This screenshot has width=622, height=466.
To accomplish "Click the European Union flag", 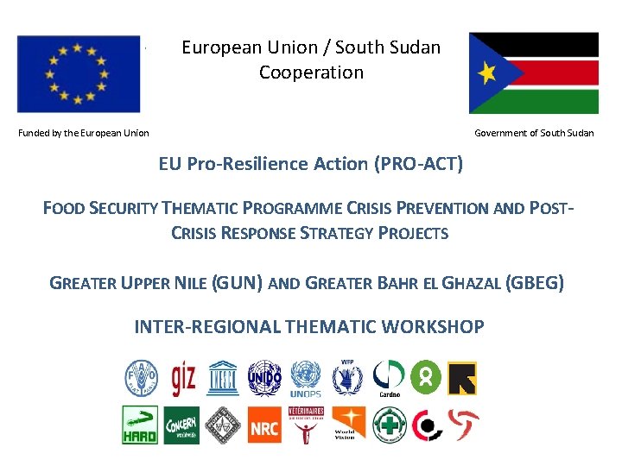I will pyautogui.click(x=78, y=74).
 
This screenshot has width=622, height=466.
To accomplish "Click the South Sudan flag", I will pyautogui.click(x=533, y=73).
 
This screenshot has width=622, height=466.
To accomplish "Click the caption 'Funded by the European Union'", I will pyautogui.click(x=84, y=133).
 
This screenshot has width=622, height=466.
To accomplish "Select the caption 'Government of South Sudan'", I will pyautogui.click(x=534, y=133).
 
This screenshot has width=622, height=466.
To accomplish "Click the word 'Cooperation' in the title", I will pyautogui.click(x=311, y=72).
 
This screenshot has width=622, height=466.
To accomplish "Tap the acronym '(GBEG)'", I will pyautogui.click(x=535, y=282).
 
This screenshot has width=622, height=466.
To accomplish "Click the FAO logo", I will pyautogui.click(x=140, y=377).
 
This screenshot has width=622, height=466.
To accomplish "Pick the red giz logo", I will pyautogui.click(x=183, y=377).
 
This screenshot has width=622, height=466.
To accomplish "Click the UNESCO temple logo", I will pyautogui.click(x=223, y=377).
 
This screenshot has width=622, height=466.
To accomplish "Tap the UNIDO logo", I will pyautogui.click(x=264, y=377).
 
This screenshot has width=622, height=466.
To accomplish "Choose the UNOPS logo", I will pyautogui.click(x=306, y=379).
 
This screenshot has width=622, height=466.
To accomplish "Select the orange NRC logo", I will pyautogui.click(x=264, y=425).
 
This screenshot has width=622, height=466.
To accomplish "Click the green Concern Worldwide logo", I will pyautogui.click(x=181, y=425).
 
